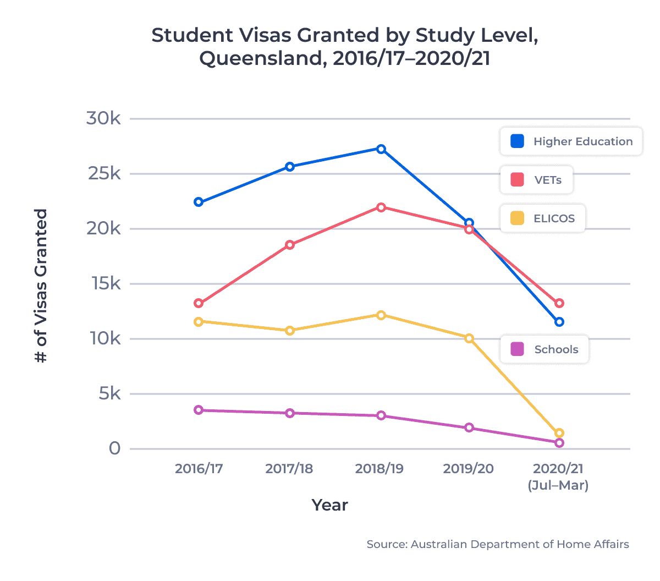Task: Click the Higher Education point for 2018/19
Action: pos(381,149)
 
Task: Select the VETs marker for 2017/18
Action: pos(290,245)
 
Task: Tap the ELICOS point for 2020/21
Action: pos(559,433)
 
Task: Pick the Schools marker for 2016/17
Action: pos(199,410)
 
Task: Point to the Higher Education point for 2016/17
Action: pos(199,202)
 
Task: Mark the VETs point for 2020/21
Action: pos(559,303)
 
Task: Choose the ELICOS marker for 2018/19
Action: pos(381,315)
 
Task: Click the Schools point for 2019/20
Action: pos(469,427)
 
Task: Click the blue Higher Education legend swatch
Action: pos(517,141)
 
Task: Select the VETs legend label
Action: pos(548,180)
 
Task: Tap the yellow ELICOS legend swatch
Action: pos(517,218)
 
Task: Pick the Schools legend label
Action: pos(556,349)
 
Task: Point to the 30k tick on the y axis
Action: pos(103,118)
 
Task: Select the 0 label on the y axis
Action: pos(114,448)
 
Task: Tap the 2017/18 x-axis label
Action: pos(289,469)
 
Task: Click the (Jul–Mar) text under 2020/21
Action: pos(558,485)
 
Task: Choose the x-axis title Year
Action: pos(329,505)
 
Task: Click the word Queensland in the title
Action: pos(258,58)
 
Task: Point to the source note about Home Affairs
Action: pos(497,544)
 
